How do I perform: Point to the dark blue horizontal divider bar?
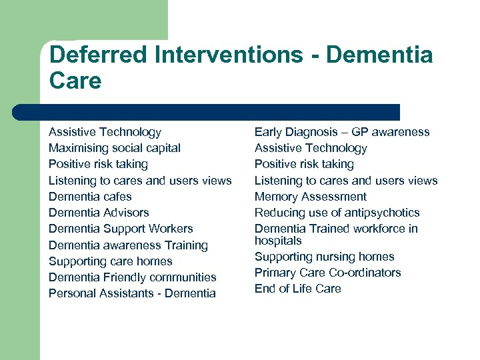207,112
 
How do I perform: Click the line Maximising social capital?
115,148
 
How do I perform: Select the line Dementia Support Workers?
121,229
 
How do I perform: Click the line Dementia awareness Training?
128,245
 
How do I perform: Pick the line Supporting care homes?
110,261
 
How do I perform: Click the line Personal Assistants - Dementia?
132,293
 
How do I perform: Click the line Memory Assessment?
310,197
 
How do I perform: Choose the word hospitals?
278,241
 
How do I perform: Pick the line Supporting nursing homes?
324,257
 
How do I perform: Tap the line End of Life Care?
297,289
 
